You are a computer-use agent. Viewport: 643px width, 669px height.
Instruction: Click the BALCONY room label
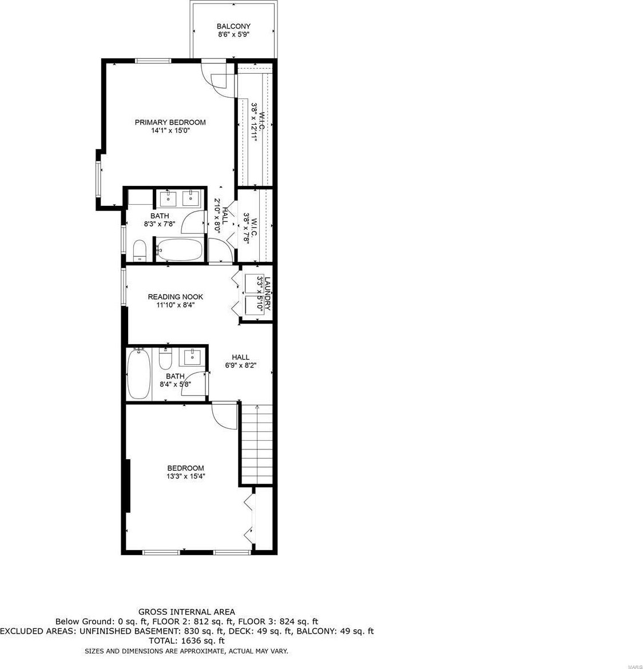pos(233,26)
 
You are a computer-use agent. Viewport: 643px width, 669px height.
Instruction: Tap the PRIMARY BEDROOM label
pos(170,122)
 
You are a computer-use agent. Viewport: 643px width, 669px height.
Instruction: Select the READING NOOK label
pos(176,297)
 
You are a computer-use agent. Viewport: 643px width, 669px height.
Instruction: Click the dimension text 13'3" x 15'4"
pos(186,476)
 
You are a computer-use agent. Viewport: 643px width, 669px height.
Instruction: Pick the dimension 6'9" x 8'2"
pos(241,365)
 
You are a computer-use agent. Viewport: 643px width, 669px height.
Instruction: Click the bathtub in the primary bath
pos(179,249)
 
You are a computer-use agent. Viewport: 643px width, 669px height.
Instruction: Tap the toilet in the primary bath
pos(140,251)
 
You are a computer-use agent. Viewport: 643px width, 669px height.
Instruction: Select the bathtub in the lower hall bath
pos(139,374)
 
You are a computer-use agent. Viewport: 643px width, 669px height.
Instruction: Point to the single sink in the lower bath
pos(192,357)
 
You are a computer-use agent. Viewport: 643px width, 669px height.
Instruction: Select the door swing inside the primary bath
pos(193,222)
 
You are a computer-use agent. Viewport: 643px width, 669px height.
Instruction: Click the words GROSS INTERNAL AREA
pos(186,612)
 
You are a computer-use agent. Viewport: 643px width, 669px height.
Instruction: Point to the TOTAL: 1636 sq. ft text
pos(186,640)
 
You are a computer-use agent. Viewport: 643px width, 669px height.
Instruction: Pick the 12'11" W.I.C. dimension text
pos(253,130)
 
